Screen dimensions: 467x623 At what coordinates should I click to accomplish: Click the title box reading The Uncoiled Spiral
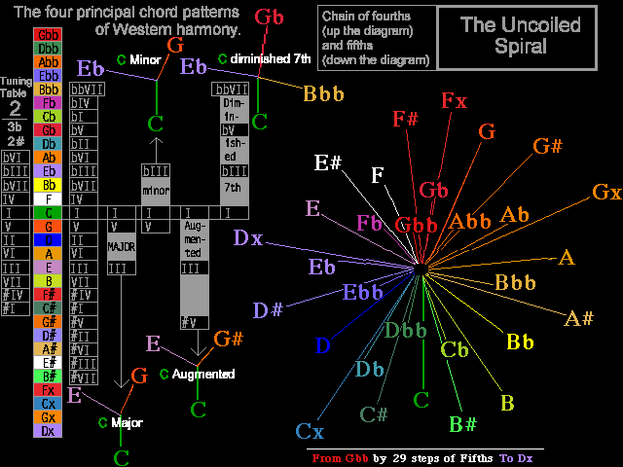tap(516, 36)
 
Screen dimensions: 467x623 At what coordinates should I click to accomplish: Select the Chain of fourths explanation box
tap(376, 38)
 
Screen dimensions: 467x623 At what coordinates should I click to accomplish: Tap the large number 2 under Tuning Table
tap(15, 108)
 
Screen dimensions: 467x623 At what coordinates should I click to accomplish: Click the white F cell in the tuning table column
tap(49, 198)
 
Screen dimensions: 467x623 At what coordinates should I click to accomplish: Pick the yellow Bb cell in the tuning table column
tap(49, 185)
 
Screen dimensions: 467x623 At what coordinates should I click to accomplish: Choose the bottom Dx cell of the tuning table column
tap(49, 430)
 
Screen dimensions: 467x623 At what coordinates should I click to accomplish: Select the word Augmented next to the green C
tap(202, 374)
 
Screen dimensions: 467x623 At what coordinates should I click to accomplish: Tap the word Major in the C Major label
tap(128, 423)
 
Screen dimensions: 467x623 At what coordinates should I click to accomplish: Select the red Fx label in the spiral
tap(454, 101)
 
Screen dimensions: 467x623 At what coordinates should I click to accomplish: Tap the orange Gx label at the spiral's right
tap(606, 192)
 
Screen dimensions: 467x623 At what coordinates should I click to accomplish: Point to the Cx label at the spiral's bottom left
tap(310, 431)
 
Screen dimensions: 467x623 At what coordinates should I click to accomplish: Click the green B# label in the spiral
tap(462, 423)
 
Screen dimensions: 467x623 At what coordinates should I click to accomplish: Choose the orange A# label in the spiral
tap(578, 318)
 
